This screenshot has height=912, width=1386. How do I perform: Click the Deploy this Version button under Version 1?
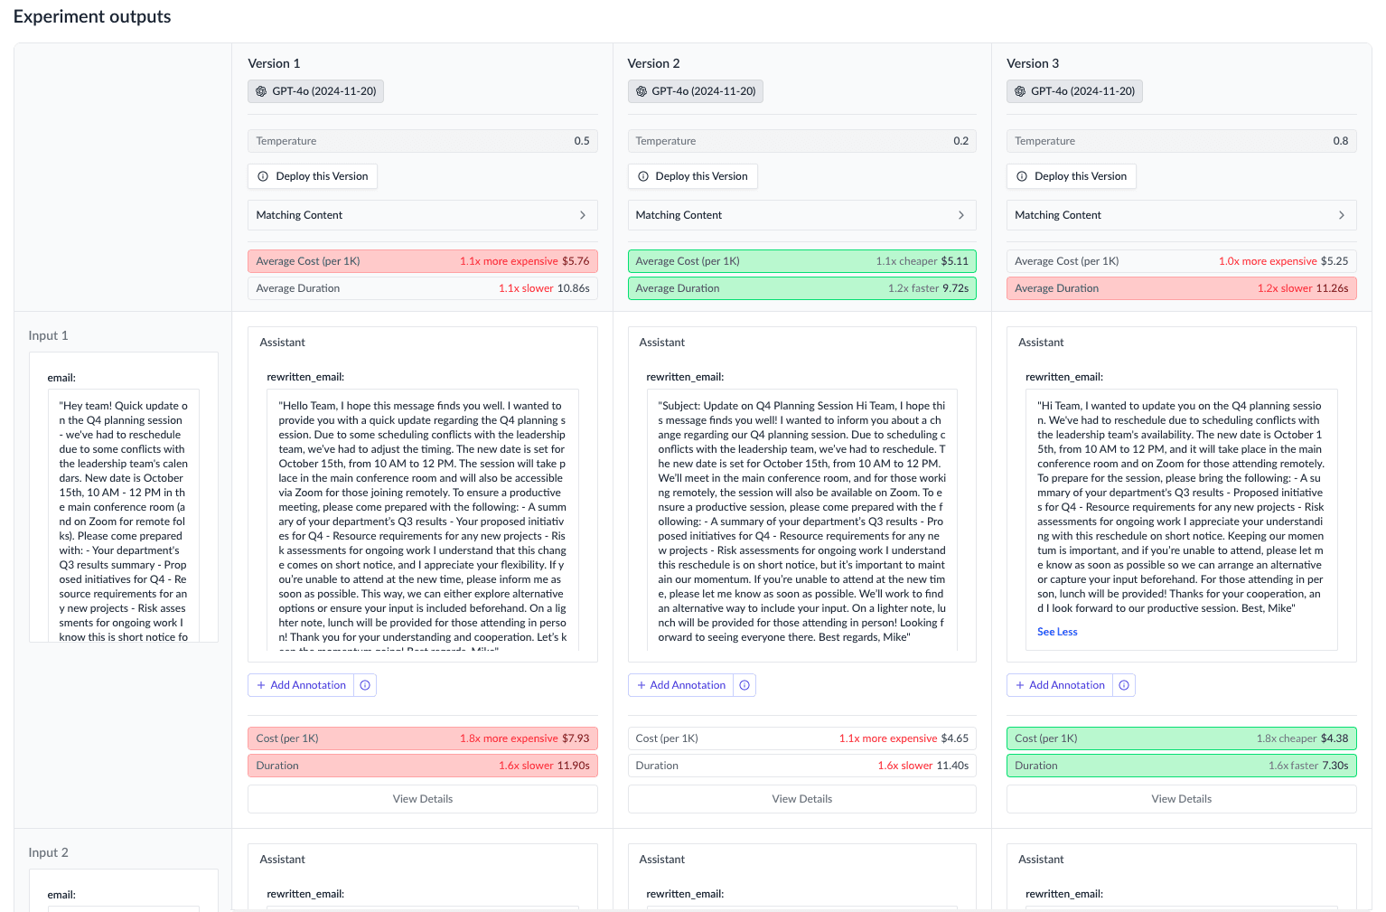(313, 176)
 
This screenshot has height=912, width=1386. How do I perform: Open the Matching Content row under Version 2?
(801, 215)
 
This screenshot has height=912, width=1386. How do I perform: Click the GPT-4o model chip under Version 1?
(315, 91)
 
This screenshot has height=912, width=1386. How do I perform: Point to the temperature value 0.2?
(960, 141)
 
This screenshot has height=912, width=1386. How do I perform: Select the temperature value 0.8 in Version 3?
(1340, 141)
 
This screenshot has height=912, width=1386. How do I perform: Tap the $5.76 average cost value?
(576, 261)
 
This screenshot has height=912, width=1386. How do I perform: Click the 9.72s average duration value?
(955, 288)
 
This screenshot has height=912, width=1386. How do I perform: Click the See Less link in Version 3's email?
(1057, 632)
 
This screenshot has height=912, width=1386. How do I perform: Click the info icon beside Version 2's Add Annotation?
(745, 685)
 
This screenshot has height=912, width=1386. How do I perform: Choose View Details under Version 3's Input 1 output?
(1181, 799)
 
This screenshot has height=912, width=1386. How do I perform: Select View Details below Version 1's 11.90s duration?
(422, 799)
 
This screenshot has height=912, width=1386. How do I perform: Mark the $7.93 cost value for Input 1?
(576, 738)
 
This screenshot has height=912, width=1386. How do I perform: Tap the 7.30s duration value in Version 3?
(1334, 766)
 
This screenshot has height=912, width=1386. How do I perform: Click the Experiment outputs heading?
(92, 17)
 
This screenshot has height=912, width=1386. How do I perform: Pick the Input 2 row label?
(49, 852)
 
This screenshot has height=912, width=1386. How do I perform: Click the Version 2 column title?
(653, 63)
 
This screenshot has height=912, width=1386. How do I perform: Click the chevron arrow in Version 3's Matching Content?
(1341, 215)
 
